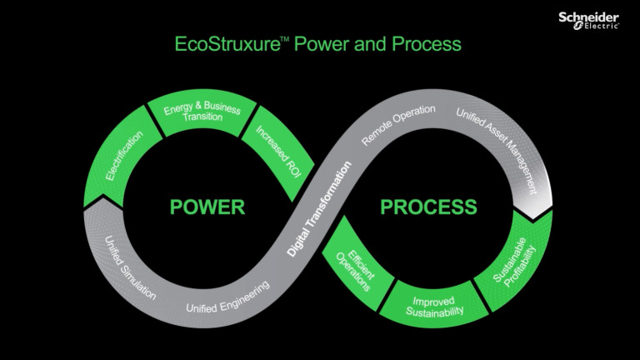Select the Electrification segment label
tap(125, 155)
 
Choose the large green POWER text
tap(207, 207)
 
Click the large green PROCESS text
tap(429, 207)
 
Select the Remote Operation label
tap(398, 126)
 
